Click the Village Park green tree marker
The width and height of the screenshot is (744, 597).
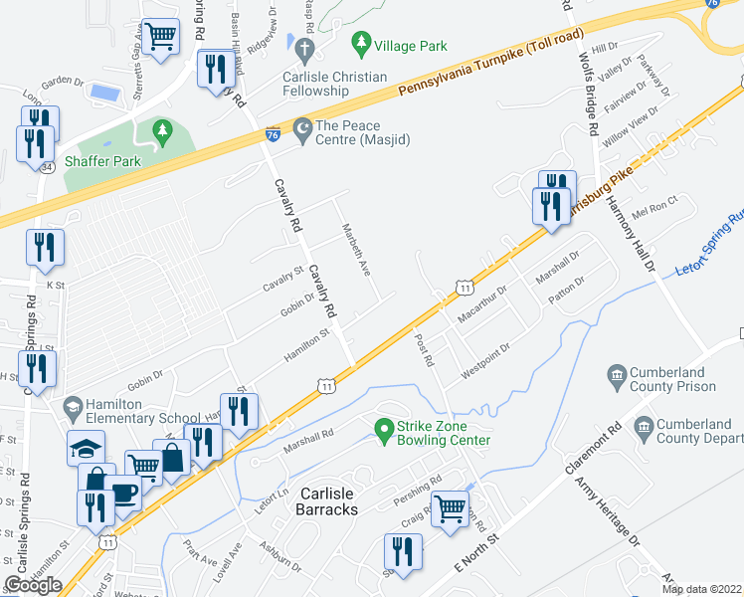[360, 45]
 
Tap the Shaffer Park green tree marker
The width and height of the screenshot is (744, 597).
[161, 131]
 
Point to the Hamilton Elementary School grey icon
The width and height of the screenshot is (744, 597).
[72, 407]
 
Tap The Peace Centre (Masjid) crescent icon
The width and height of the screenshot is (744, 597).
[302, 131]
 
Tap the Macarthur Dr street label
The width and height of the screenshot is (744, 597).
[482, 304]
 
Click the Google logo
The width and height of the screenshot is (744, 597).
[34, 584]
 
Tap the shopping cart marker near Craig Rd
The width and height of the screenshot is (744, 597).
[451, 508]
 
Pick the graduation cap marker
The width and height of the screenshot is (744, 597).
[87, 448]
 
